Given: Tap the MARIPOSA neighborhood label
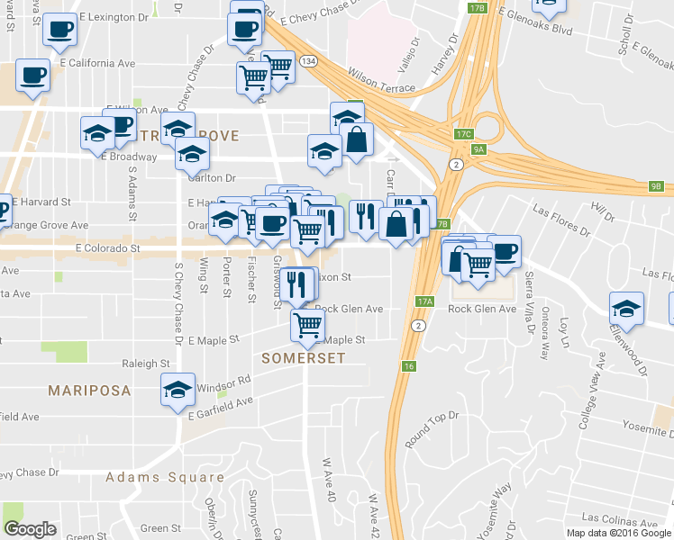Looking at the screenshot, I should coord(89,391).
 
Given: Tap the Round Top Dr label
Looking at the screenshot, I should coord(433,428).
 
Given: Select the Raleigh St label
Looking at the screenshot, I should coord(146,364).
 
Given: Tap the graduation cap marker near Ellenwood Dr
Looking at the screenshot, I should coord(626,308).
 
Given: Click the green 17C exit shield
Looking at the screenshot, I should coord(463,134).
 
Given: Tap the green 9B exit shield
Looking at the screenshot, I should coord(655,186).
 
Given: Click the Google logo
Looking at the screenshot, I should coord(31,529).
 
